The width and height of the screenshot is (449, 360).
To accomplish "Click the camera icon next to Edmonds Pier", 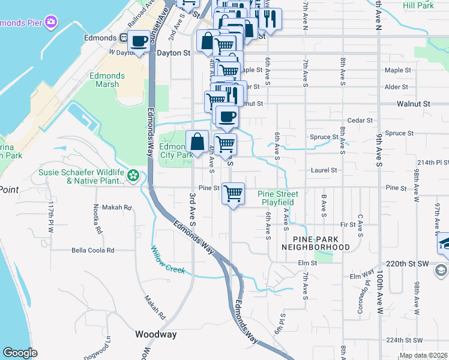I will [x=51, y=22].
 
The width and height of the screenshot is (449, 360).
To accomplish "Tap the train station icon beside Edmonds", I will [x=123, y=38].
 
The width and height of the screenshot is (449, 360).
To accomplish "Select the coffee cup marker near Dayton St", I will [x=139, y=41].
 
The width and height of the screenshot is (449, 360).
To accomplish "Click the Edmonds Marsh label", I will [x=107, y=80].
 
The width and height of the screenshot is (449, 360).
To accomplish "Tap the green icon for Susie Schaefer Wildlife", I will [x=133, y=176].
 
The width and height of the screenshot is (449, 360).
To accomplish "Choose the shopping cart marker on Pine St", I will [x=233, y=194].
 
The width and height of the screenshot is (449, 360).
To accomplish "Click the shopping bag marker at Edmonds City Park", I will [x=197, y=142].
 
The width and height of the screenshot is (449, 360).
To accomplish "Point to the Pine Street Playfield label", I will [x=278, y=198].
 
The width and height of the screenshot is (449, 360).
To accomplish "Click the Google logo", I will [x=20, y=353].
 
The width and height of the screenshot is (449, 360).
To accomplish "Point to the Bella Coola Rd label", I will [x=93, y=250].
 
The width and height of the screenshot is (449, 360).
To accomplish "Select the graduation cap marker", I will [x=444, y=242].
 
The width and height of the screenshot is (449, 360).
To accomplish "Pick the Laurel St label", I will [x=324, y=170].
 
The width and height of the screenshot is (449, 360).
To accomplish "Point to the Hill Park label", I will [x=418, y=5].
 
